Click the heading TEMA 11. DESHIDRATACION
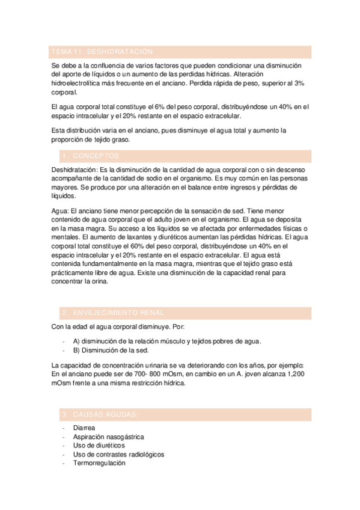[x=103, y=52]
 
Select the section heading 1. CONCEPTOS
[x=91, y=156]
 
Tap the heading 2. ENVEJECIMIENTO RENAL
[x=114, y=313]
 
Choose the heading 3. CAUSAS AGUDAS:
[x=100, y=414]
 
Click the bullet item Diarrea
[x=85, y=428]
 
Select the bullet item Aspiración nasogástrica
[x=108, y=437]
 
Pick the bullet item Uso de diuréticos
[x=99, y=446]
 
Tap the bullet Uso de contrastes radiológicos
[x=118, y=455]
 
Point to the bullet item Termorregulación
[x=99, y=464]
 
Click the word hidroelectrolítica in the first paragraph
[x=79, y=84]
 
